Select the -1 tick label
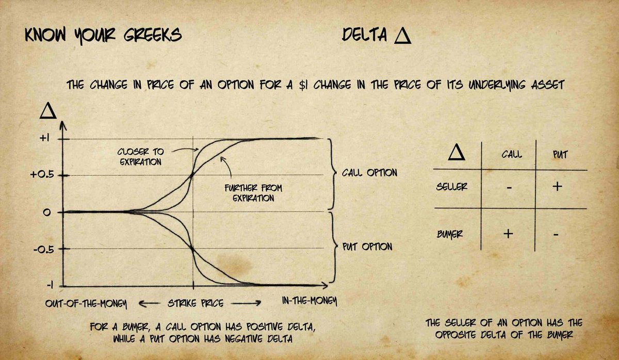48,285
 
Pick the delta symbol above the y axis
47,111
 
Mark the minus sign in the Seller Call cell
509,188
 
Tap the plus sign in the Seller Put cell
557,186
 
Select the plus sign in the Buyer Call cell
508,234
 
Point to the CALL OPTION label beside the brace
369,173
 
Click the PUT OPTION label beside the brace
367,247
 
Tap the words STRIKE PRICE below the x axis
194,303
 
